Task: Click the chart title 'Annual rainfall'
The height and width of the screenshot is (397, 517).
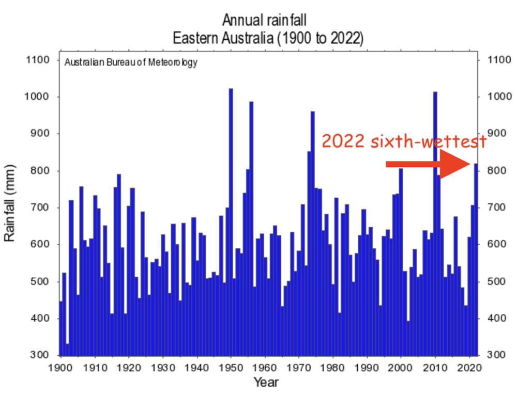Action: click(265, 21)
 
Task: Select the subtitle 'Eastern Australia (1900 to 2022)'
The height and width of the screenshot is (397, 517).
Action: click(265, 38)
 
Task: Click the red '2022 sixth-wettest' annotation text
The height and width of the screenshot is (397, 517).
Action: click(404, 141)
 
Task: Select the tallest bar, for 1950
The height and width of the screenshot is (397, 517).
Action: click(231, 222)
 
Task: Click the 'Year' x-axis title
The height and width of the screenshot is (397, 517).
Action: click(266, 383)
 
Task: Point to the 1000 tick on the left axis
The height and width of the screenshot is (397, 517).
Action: click(37, 97)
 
